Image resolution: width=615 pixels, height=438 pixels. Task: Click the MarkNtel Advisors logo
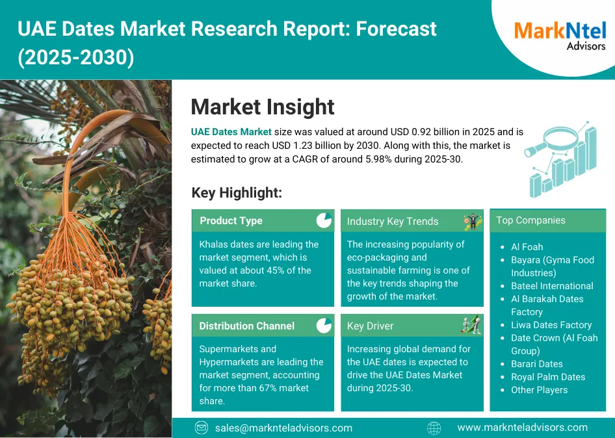coord(560,36)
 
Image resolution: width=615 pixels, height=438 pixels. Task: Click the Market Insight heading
coord(263,107)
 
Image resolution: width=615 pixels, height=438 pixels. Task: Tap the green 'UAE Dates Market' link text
coord(231,132)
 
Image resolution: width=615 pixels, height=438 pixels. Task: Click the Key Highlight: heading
coord(237,192)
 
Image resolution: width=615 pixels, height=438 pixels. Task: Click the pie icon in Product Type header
coord(324,220)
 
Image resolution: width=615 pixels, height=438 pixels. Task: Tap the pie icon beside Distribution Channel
coord(324,326)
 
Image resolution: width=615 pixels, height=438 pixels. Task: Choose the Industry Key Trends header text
coord(392,221)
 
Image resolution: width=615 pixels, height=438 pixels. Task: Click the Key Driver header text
coord(370,326)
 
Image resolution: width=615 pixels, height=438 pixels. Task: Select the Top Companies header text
coord(530,220)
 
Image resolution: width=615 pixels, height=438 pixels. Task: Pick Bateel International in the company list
coord(552,286)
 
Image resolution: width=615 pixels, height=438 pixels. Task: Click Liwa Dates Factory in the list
coord(551,325)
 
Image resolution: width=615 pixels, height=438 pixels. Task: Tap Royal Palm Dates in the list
coord(548,377)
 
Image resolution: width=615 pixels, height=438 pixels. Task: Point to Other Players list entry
coord(540,390)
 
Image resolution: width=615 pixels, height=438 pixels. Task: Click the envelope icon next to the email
coord(202,428)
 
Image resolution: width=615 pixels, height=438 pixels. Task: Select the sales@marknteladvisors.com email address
coord(283,428)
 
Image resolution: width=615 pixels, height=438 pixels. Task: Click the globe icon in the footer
coord(434,428)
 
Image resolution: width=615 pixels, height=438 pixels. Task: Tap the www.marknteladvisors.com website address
coord(523,428)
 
